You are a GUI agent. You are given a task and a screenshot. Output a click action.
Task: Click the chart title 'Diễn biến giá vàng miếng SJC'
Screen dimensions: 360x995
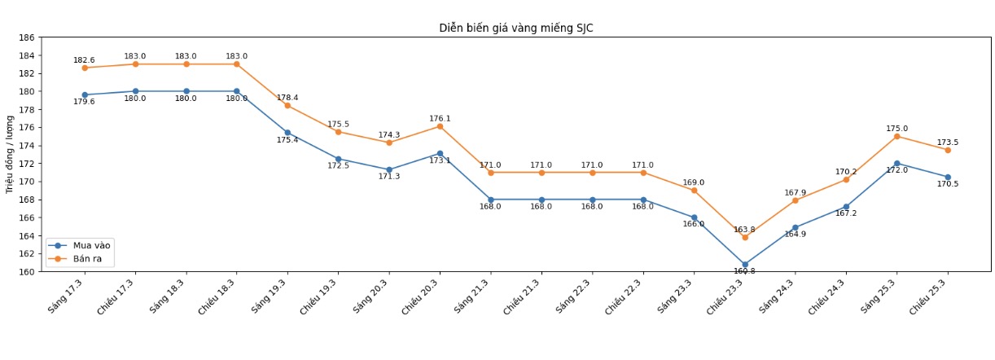pyautogui.click(x=516, y=28)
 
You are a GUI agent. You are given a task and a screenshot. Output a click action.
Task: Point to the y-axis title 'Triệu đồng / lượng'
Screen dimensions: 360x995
pyautogui.click(x=10, y=154)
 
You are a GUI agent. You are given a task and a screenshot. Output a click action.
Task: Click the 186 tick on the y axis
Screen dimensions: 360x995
pyautogui.click(x=26, y=37)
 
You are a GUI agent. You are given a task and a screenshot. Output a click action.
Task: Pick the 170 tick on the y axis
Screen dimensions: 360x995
pyautogui.click(x=26, y=182)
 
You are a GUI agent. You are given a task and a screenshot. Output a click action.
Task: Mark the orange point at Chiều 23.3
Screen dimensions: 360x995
pyautogui.click(x=744, y=237)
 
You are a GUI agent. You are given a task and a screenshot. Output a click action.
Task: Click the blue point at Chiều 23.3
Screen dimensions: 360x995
pyautogui.click(x=744, y=265)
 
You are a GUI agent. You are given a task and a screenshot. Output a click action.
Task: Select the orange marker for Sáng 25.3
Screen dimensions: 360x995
pyautogui.click(x=896, y=136)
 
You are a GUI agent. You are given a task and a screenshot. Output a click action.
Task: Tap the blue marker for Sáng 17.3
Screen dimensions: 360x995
pyautogui.click(x=85, y=95)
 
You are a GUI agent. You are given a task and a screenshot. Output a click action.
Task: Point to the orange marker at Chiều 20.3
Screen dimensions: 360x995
pyautogui.click(x=440, y=126)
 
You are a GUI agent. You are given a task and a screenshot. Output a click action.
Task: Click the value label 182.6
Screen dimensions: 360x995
pyautogui.click(x=84, y=60)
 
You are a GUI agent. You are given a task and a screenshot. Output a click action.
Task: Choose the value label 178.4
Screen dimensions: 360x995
pyautogui.click(x=287, y=98)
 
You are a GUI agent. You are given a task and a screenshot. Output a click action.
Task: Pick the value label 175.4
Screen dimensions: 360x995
pyautogui.click(x=287, y=140)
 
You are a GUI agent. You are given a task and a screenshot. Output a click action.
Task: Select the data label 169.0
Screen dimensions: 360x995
pyautogui.click(x=694, y=183)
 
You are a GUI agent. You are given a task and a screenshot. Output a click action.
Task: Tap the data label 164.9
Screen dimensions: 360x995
pyautogui.click(x=796, y=235)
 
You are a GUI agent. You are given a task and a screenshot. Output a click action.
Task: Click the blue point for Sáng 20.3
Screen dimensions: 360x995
pyautogui.click(x=389, y=169)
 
